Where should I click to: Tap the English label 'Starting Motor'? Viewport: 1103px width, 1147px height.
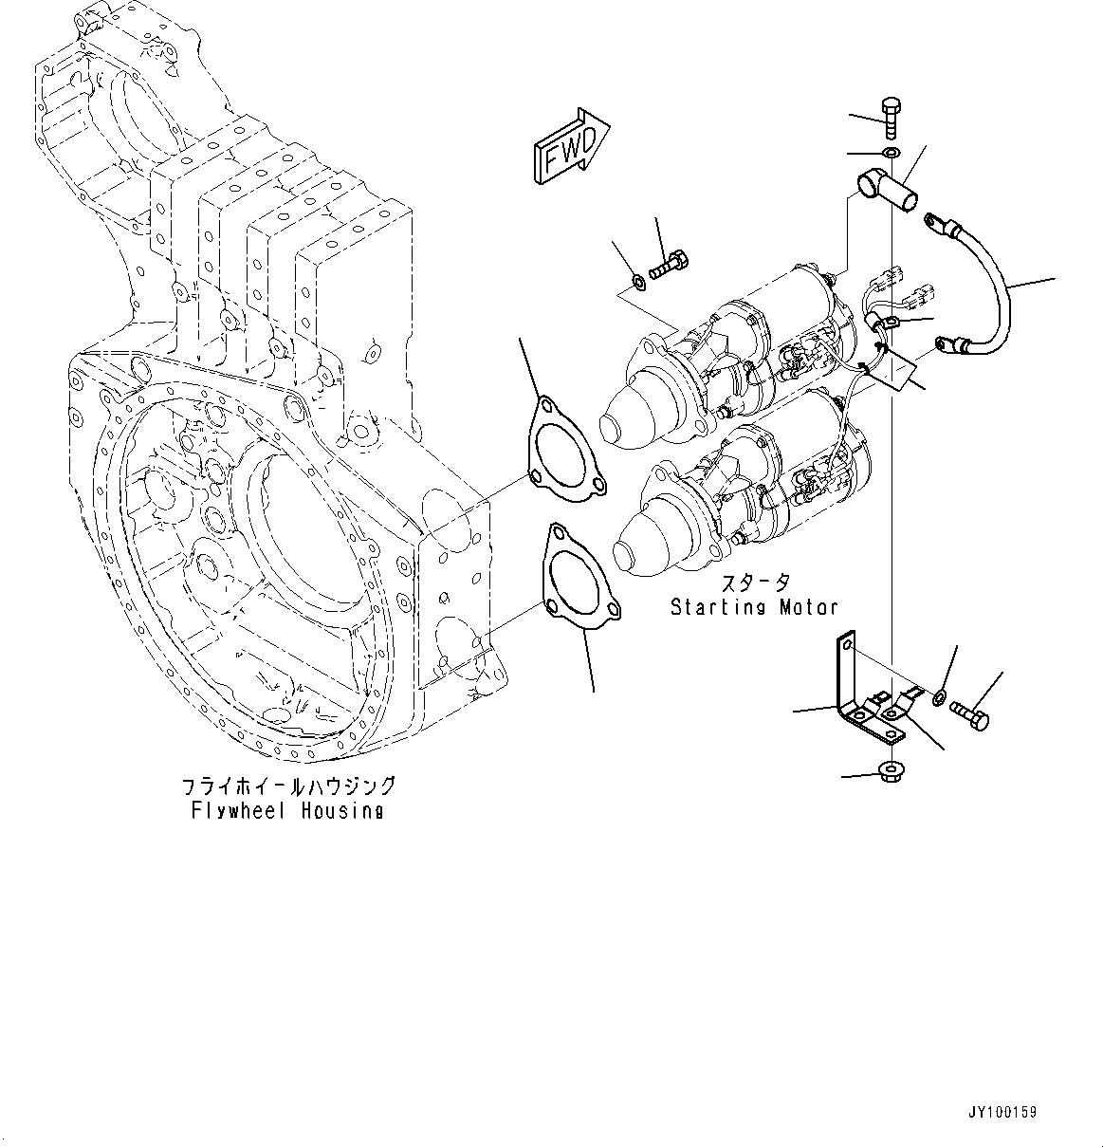point(754,606)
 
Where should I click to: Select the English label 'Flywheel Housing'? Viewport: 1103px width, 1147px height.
point(287,810)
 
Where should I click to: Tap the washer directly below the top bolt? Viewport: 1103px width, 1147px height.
point(891,153)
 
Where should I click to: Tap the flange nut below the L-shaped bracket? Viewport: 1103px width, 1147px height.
point(891,770)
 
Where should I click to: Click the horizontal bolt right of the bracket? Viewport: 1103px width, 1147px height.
point(971,713)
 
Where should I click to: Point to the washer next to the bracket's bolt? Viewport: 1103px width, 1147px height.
point(938,698)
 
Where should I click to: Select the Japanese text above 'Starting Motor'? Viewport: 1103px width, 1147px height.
point(754,583)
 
